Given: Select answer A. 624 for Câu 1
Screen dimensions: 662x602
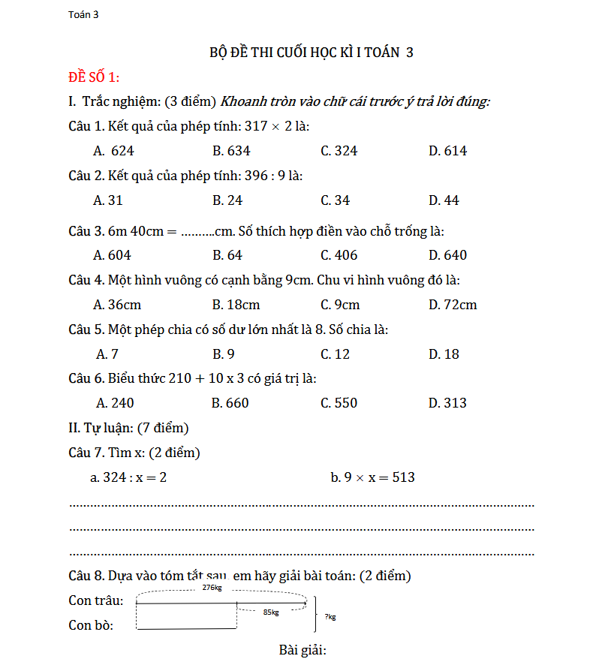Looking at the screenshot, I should coord(113,151).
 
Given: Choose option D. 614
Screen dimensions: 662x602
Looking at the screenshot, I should coord(447,151).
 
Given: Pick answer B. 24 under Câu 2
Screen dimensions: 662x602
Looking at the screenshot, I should coord(227,200).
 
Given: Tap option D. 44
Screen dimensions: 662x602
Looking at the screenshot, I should coord(444,200).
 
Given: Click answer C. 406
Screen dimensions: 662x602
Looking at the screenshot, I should coord(339,255).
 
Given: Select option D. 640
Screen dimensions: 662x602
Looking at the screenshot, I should coord(447,255).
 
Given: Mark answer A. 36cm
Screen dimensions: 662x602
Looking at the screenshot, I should coord(117,305).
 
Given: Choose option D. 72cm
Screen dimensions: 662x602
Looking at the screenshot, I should coord(453,305).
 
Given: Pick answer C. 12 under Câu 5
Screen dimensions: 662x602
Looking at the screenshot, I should coord(335,354).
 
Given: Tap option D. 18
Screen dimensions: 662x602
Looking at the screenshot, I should coord(444,354).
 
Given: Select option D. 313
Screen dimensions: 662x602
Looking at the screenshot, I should coord(447,403).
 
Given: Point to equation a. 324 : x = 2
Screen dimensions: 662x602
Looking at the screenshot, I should coord(128,477).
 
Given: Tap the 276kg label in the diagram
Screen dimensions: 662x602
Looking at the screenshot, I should coord(212,588).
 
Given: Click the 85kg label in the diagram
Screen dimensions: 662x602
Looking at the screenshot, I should coord(271,612).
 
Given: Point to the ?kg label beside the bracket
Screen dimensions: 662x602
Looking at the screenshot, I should coord(330,617).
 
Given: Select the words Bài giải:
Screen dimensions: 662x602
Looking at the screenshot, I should coord(303,650).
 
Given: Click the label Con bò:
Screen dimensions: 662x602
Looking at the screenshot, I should coord(91,625).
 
